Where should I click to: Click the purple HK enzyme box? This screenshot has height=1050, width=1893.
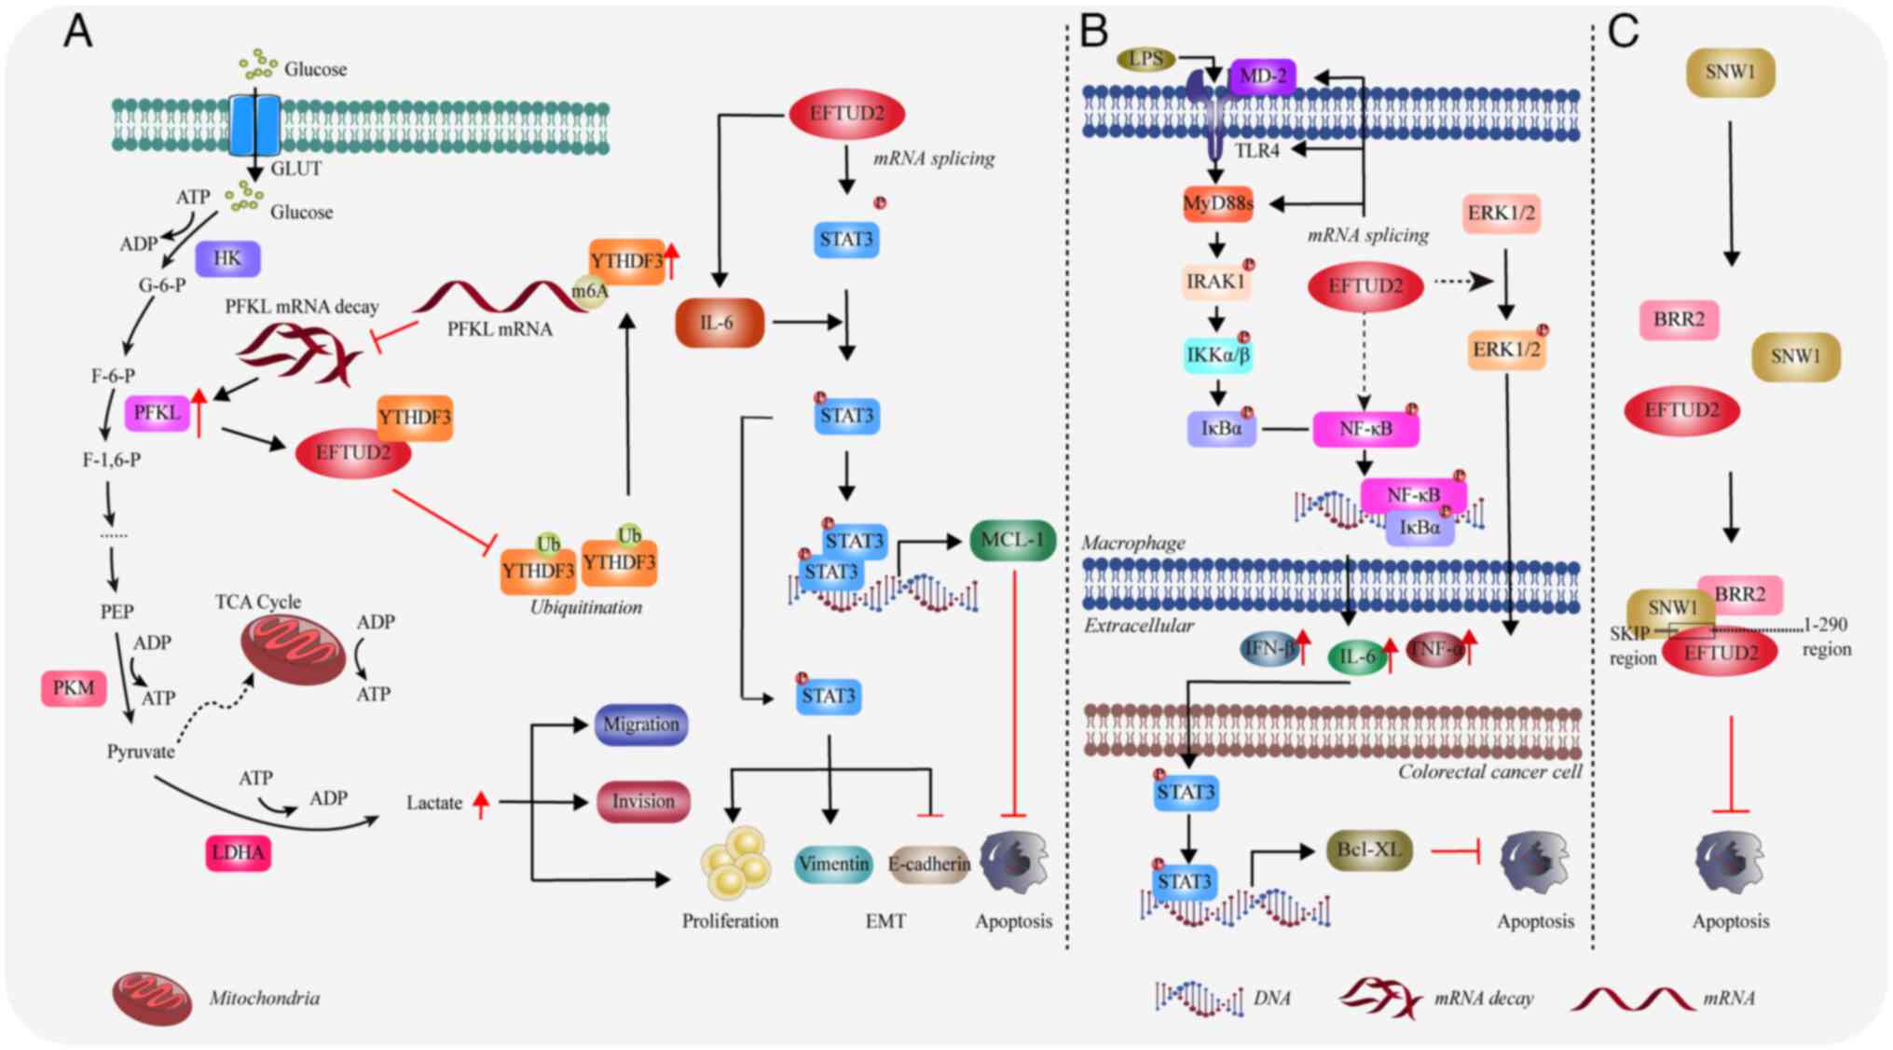coord(227,258)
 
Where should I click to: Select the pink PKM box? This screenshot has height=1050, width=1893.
coord(74,688)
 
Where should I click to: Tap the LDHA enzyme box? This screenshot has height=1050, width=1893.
coord(238,852)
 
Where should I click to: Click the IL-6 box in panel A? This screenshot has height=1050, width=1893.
coord(719,323)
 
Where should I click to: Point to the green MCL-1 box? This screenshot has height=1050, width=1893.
coord(1012,541)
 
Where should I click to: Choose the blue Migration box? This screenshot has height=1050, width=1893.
coord(641,725)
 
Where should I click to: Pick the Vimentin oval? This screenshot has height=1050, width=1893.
coord(833,864)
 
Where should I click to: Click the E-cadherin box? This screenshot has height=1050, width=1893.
coord(928,865)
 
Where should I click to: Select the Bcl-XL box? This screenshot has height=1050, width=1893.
coord(1368,850)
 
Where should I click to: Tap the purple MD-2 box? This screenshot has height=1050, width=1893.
coord(1262,76)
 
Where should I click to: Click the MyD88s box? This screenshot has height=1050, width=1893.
coord(1217,203)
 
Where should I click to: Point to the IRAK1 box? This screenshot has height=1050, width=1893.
coord(1215,282)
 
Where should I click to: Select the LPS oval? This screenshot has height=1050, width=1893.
coord(1145,60)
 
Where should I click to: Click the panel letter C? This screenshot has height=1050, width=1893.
coord(1623,32)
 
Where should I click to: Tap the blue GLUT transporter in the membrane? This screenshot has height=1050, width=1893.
coord(254,125)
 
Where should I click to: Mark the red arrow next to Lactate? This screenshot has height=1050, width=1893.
coord(481,803)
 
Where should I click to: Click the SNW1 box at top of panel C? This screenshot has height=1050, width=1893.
coord(1730,72)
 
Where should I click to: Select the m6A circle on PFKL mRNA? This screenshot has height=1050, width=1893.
coord(589,292)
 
